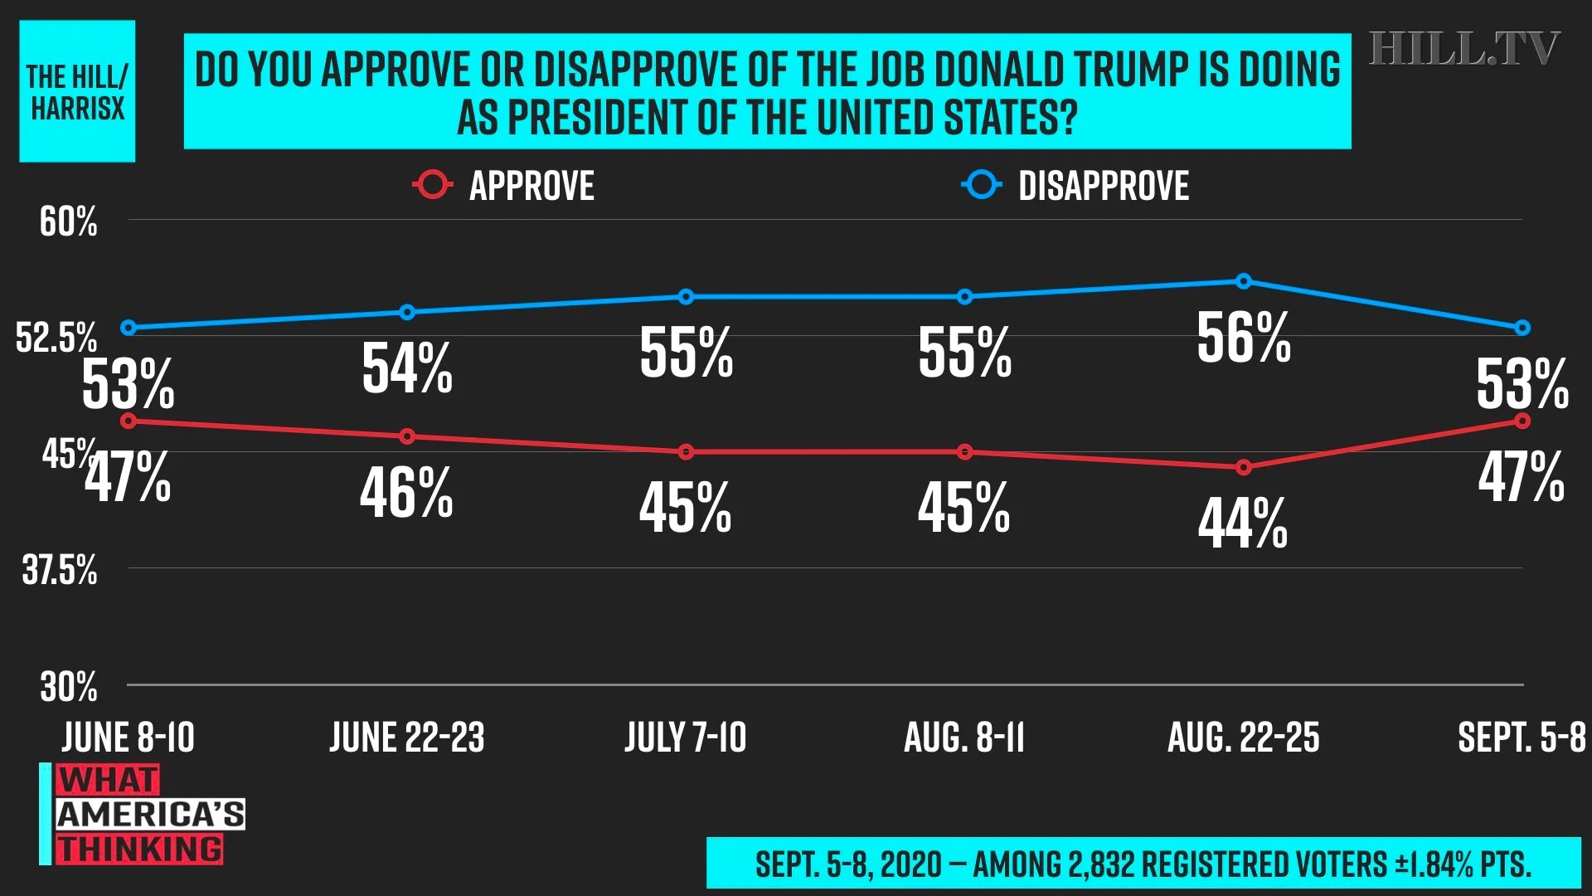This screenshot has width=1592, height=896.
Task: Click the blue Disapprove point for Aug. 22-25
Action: (1243, 281)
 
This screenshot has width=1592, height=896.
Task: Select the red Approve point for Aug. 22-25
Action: (1243, 468)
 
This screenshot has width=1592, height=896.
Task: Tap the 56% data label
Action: (1243, 338)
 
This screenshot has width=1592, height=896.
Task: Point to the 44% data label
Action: (1243, 523)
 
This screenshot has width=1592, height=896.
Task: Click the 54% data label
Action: (407, 368)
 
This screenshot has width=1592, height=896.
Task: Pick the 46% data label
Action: (406, 493)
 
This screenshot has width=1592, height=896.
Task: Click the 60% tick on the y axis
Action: (68, 222)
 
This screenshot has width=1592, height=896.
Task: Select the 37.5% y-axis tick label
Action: (59, 570)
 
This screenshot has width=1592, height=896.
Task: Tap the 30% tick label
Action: (68, 687)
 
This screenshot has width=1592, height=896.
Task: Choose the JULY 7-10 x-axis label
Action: (686, 738)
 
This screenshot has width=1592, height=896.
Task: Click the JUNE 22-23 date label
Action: (407, 738)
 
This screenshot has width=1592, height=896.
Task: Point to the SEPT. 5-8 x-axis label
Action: (1522, 738)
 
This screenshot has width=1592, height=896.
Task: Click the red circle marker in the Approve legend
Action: (432, 185)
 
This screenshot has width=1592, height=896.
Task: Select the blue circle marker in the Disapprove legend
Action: (982, 185)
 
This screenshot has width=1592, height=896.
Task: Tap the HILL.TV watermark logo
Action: (1463, 49)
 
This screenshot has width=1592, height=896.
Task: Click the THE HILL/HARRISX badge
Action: (77, 91)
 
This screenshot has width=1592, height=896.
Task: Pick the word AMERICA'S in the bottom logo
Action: (150, 815)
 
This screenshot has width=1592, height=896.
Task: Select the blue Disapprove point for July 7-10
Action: (686, 297)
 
